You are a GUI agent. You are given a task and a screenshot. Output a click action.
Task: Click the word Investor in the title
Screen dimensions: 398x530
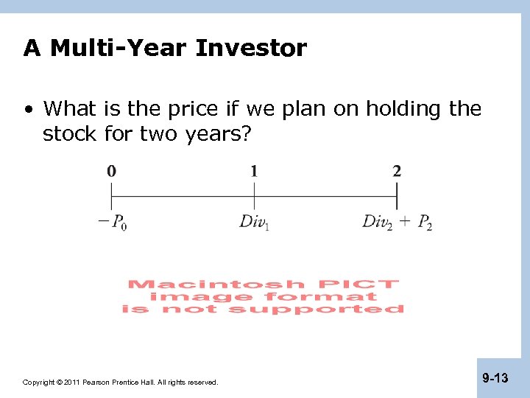click(251, 49)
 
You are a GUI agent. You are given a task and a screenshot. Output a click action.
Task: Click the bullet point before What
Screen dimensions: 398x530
click(28, 110)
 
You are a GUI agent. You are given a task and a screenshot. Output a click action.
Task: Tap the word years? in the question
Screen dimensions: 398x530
click(217, 134)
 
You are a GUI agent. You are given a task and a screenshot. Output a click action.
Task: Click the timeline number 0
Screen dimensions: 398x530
click(111, 172)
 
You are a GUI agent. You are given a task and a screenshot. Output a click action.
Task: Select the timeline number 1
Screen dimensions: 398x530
click(254, 172)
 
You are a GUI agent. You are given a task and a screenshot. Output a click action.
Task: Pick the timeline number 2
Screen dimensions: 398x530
click(397, 172)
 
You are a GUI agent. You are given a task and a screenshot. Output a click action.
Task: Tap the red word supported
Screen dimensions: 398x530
click(316, 310)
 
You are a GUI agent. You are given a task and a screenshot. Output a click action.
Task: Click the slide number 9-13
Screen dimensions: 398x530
click(495, 378)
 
